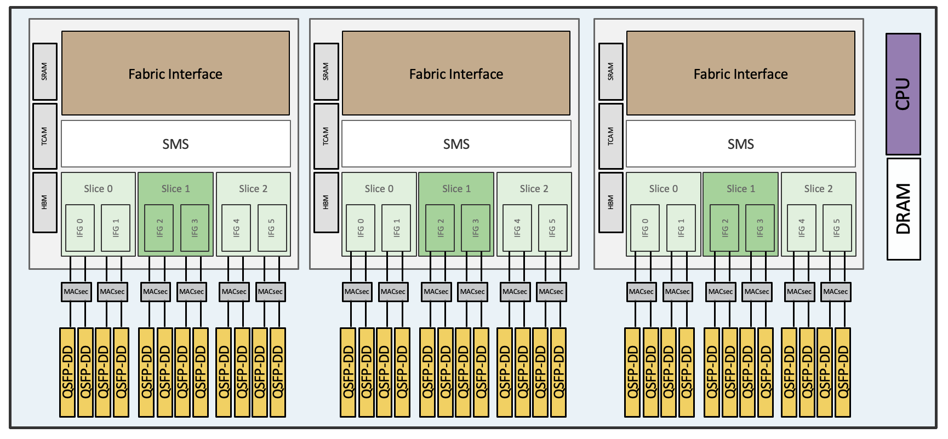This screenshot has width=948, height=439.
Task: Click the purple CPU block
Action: pos(903,94)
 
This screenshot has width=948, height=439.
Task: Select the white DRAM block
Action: pos(903,209)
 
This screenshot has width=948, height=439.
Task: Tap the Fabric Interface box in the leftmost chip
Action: pos(175,73)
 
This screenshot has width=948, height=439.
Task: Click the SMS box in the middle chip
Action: pos(456,144)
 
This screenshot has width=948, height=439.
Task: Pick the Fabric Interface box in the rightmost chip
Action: pos(740,73)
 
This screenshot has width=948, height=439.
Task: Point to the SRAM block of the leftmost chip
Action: pos(44,72)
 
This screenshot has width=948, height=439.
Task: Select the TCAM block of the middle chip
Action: pos(325,136)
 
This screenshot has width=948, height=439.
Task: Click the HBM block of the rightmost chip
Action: pos(610,203)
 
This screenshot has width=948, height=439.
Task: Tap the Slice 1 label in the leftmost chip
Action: pos(175,189)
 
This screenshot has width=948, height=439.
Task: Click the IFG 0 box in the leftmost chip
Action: pos(80,228)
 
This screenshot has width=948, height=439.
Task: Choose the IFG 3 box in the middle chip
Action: pos(476,228)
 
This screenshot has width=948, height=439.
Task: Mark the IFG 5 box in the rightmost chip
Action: pos(837,228)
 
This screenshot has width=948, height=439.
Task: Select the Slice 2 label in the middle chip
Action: pos(534,189)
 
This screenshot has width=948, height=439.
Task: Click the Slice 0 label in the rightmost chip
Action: pos(663,189)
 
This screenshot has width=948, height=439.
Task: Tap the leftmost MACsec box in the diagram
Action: pos(76,292)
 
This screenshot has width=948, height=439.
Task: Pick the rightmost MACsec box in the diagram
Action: pos(835,292)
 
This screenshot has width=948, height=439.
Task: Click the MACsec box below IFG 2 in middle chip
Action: pos(436,292)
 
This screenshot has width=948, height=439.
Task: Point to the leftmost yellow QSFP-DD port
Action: pos(67,372)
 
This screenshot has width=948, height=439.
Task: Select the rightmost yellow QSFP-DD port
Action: pos(843,372)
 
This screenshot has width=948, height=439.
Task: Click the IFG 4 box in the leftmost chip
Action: pos(236,228)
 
